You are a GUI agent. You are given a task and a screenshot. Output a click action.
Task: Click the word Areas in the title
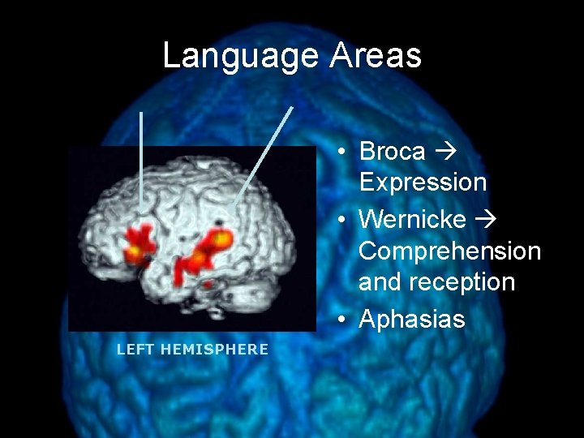tap(376, 56)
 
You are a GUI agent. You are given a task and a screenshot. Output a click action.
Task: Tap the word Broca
tap(392, 152)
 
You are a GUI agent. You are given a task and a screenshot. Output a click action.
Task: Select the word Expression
tap(423, 182)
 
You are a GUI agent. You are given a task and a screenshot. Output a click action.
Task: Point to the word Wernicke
tap(411, 219)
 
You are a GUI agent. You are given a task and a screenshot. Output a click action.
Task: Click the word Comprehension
tap(449, 251)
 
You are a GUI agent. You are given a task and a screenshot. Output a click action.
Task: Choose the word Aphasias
tap(411, 320)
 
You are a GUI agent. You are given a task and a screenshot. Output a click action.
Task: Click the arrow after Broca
tap(445, 152)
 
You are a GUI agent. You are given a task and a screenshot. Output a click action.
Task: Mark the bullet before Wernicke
tap(344, 220)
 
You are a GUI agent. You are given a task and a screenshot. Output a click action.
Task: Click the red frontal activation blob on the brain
tap(140, 242)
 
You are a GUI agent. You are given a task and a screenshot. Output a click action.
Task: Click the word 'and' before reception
tap(380, 282)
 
